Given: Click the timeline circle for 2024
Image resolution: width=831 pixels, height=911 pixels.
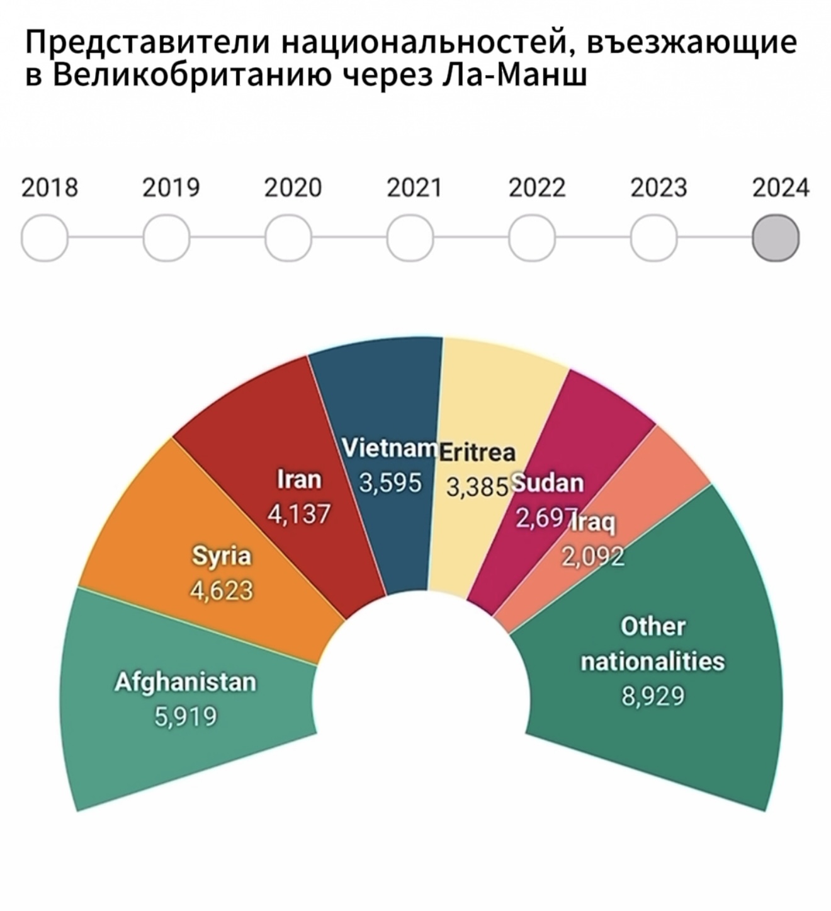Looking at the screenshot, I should tap(776, 238).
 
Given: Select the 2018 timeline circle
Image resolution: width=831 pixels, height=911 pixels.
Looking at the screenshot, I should tap(45, 238).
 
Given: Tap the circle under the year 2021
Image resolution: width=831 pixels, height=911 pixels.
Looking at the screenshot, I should tap(410, 238).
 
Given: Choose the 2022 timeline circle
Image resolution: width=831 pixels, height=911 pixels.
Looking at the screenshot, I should tap(532, 238).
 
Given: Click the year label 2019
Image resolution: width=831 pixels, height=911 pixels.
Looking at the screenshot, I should tap(171, 188).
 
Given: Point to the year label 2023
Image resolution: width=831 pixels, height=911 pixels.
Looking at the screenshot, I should tap(659, 188).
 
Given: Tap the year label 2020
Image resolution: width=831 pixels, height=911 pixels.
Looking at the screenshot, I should tap(293, 188).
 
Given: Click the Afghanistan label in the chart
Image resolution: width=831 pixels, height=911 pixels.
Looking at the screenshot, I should tap(186, 682).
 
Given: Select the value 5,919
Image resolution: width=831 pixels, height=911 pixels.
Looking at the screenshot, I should tap(186, 716).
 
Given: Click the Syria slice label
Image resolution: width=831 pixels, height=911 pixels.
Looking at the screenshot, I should tap(222, 556).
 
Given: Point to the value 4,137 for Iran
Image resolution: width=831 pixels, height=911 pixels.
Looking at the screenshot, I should tap(299, 514).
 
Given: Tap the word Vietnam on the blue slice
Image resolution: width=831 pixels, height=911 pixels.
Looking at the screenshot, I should tap(389, 448).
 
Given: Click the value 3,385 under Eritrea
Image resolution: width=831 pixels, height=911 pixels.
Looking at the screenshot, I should tap(477, 486).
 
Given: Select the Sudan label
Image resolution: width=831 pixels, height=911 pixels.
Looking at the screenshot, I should tap(548, 483).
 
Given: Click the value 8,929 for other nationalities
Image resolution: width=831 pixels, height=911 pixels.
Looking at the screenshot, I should tap(653, 696).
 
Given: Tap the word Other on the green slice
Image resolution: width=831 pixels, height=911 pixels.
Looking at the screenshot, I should tap(653, 626).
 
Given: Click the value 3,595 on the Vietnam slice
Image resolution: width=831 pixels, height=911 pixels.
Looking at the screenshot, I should tap(390, 483).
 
